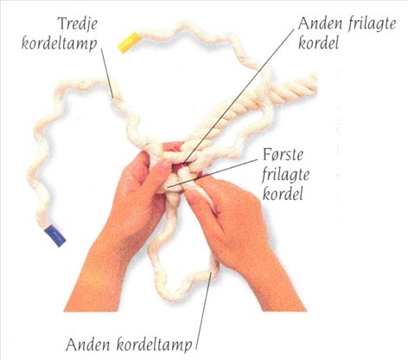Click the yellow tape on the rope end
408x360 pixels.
(x=129, y=42)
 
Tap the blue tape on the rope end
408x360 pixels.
(x=55, y=236)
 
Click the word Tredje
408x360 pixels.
(x=78, y=23)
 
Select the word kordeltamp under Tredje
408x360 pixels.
(x=60, y=44)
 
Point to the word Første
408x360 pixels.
(x=283, y=155)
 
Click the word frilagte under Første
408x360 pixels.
(x=285, y=174)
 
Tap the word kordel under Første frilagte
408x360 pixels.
(x=283, y=193)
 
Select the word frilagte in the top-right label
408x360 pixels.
(x=372, y=24)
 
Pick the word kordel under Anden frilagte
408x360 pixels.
(x=318, y=43)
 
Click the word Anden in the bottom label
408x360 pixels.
(x=88, y=344)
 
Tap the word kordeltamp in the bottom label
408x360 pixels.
(x=155, y=344)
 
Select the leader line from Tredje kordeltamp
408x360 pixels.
(x=107, y=73)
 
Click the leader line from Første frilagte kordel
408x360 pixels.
(x=212, y=173)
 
